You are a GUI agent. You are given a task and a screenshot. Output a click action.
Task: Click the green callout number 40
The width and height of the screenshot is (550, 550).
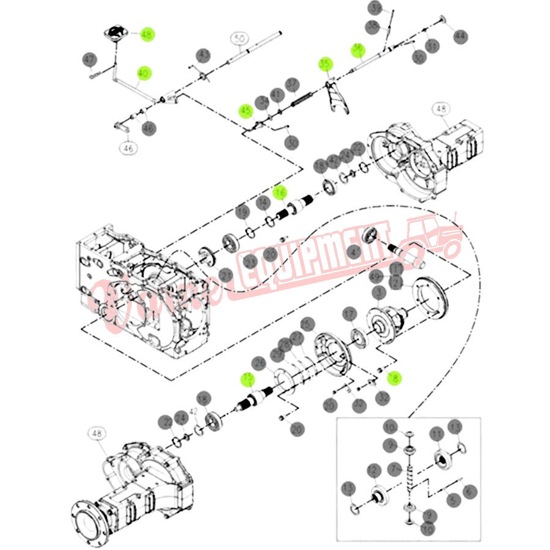point(144,73)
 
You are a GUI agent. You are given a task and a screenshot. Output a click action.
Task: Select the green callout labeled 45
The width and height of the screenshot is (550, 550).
point(246,111)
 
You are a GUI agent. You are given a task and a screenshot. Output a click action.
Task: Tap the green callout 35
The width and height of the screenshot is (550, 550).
point(326,64)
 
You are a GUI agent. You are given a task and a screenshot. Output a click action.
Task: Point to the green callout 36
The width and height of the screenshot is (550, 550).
point(358,50)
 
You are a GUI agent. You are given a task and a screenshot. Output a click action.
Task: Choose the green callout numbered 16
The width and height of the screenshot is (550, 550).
point(279,194)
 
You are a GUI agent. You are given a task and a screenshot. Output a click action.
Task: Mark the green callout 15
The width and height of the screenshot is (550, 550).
point(248,380)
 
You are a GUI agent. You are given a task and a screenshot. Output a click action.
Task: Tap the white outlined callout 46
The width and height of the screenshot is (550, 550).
point(128,147)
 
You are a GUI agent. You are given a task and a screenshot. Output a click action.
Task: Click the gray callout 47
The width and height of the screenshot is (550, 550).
point(90,59)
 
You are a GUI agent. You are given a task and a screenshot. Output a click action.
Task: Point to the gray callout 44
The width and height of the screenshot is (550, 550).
point(460,36)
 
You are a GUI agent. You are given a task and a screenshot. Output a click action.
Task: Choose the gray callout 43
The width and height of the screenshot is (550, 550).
point(204,56)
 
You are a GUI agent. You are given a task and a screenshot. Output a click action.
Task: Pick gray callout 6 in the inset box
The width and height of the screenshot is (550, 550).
point(469,491)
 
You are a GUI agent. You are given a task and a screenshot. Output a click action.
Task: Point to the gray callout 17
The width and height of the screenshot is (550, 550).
point(349,315)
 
